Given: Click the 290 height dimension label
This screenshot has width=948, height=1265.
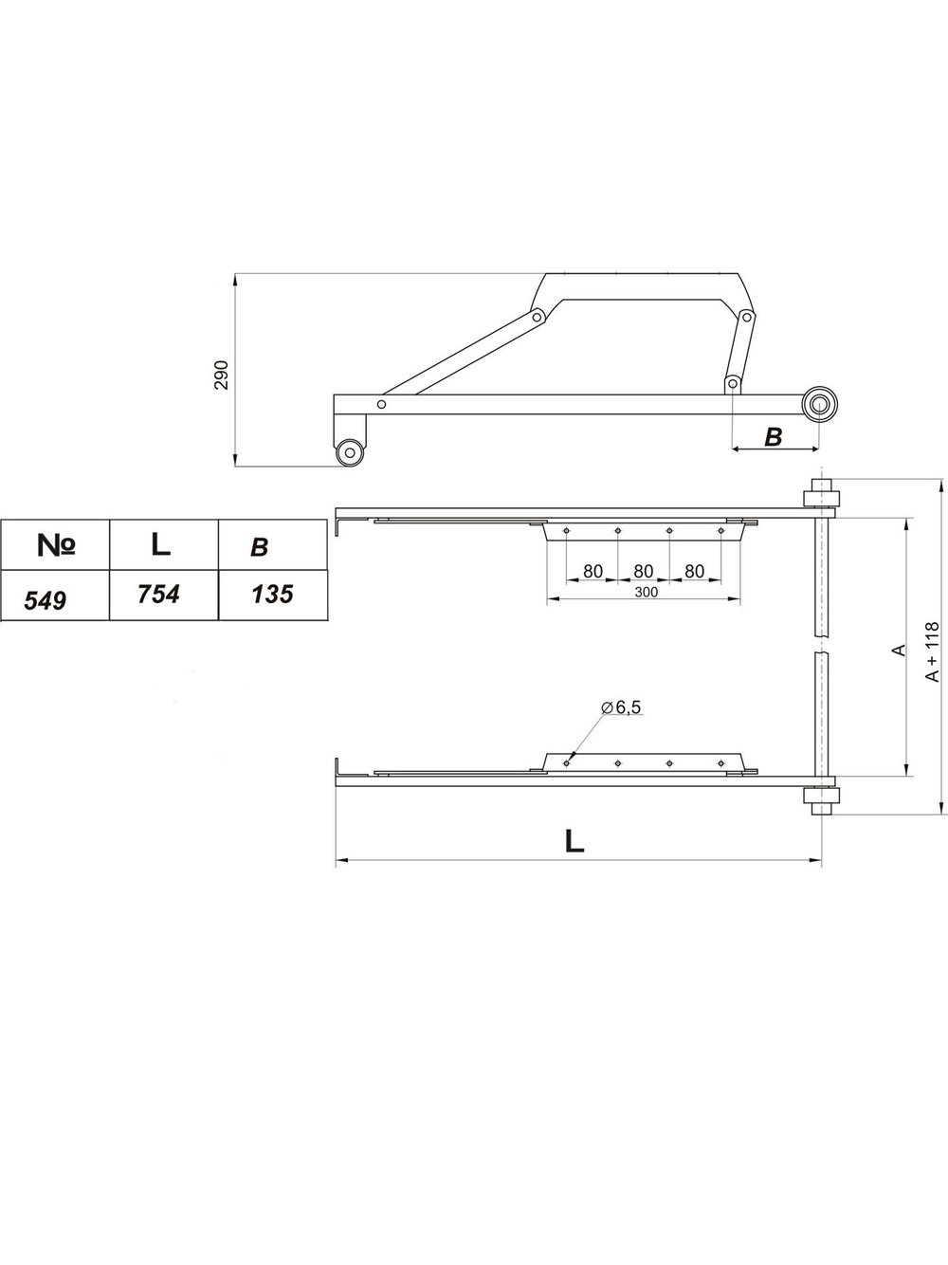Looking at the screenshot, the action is coord(222,375).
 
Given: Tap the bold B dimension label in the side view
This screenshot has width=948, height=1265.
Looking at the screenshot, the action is coord(773,437).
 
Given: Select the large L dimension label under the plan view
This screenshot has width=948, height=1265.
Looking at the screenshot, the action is coord(574,841).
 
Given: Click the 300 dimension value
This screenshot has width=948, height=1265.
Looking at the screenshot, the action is coord(647,592).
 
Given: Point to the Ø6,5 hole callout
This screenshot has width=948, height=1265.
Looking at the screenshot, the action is coord(620,707).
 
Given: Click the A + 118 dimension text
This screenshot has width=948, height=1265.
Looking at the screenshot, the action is coord(932,651).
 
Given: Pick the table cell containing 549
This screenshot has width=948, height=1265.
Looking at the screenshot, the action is coord(55,596).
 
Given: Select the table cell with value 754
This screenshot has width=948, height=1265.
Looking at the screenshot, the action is coord(164,596).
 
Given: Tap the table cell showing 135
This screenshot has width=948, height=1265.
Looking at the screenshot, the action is coord(273,596).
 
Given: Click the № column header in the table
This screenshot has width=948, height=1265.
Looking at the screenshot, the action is coord(55,544).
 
